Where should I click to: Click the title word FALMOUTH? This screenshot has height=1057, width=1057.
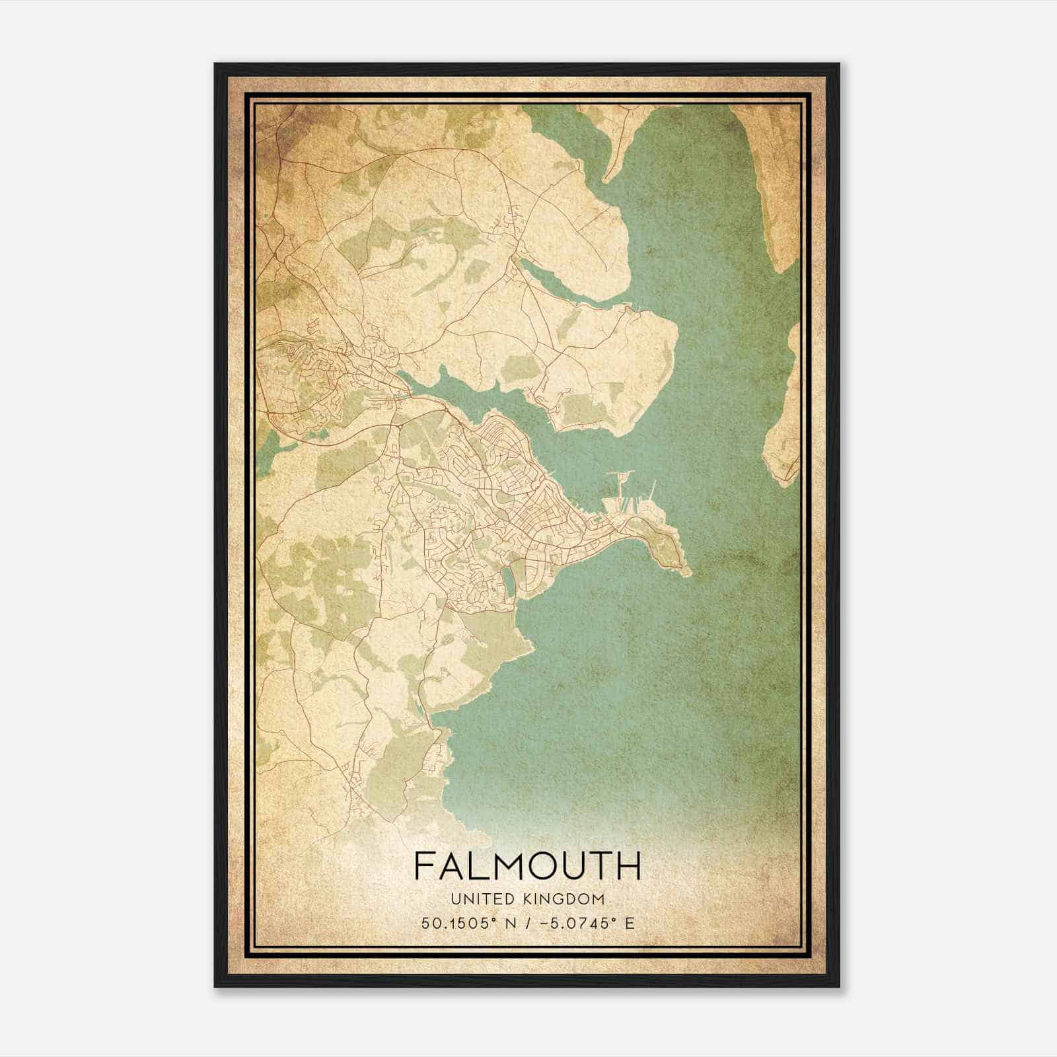tap(527, 865)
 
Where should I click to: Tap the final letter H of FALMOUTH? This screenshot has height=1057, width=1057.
tap(630, 865)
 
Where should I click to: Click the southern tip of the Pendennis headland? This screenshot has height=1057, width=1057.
tap(687, 571)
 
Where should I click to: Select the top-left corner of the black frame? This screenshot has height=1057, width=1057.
tap(215, 65)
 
